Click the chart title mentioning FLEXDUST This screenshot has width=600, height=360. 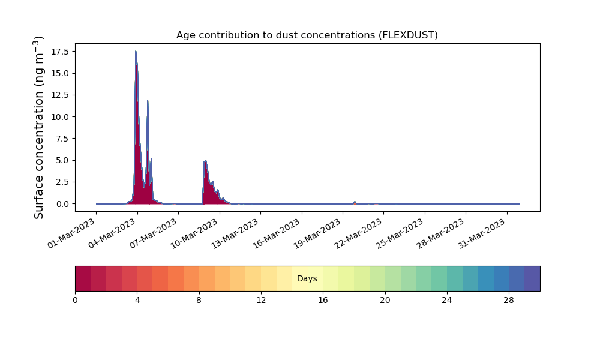coord(307,35)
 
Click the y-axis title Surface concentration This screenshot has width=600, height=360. coord(39,128)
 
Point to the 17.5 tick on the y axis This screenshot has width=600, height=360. coord(62,51)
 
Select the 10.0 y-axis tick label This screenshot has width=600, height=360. coord(62,117)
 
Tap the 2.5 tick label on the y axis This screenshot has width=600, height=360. coord(64,182)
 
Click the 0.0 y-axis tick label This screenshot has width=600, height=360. coord(64,204)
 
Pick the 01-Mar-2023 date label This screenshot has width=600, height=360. coord(71,234)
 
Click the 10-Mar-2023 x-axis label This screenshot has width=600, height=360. coord(194,234)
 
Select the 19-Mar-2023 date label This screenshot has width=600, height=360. coord(317,234)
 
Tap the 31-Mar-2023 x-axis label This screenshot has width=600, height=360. coord(482,234)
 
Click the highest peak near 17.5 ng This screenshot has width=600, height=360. coord(136,51)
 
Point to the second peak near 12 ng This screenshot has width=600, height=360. coord(148,101)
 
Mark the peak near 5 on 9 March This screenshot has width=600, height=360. coord(205,161)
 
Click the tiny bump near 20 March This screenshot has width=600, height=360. coord(355,202)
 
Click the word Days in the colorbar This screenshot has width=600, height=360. coord(307,278)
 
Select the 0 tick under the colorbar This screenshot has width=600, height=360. coord(75,301)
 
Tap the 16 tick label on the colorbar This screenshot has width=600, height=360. coord(323,301)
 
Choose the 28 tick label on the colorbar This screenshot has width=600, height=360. coord(509,301)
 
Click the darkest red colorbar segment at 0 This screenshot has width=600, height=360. coord(83,278)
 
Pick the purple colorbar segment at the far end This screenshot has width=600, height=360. coord(532,278)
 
